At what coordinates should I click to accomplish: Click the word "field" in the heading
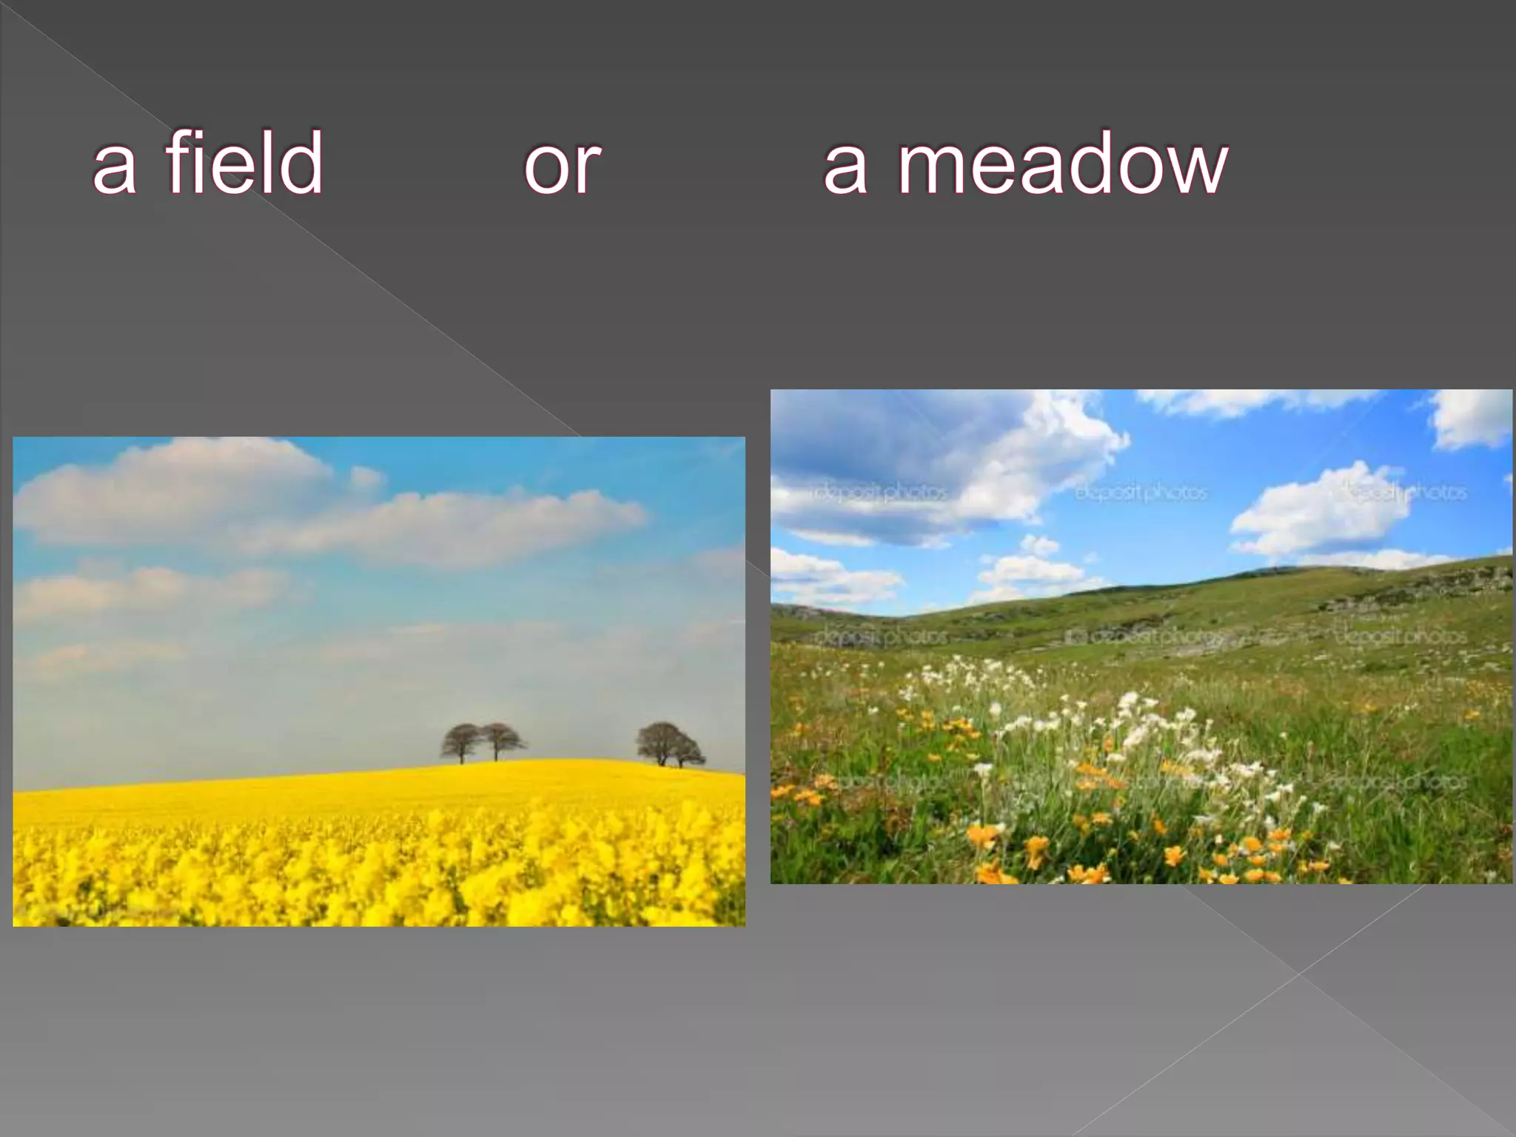coord(244,163)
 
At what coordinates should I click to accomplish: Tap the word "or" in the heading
coord(563,167)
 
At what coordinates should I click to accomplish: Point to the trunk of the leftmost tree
coord(461,757)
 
